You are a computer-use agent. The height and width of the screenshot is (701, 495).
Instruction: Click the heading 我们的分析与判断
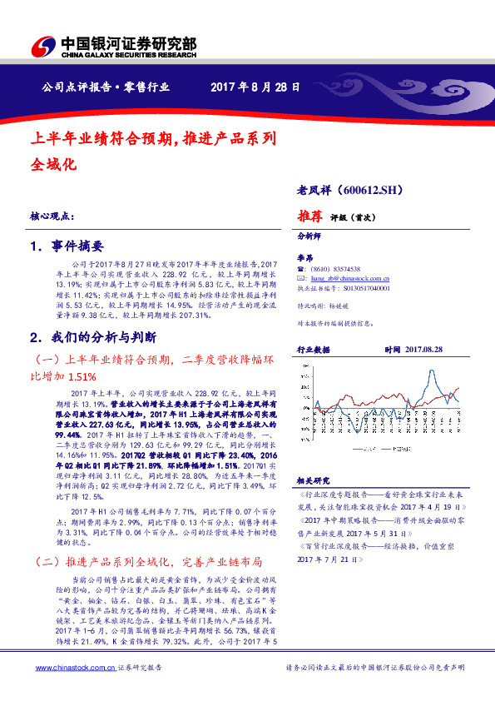click(99, 339)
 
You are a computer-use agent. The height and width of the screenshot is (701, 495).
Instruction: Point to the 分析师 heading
click(309, 236)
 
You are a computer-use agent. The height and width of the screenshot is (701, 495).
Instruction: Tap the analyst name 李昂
click(305, 257)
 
